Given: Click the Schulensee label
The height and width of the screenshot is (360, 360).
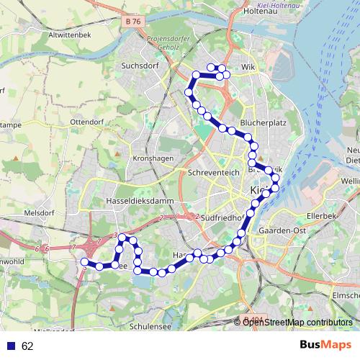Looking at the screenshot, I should [x=151, y=325].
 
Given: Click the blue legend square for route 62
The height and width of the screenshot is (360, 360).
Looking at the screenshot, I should [x=12, y=346].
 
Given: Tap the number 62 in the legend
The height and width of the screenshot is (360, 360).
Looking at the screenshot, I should [x=27, y=346].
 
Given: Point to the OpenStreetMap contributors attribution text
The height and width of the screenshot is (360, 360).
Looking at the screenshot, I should [x=297, y=322].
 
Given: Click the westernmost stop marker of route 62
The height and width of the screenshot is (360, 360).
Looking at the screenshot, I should [x=85, y=263].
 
